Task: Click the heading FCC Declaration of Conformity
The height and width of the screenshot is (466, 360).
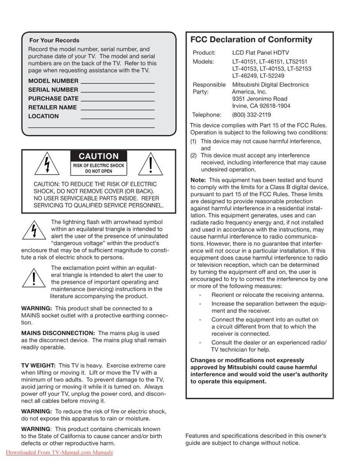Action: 251,40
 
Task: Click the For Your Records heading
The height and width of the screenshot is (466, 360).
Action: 54,40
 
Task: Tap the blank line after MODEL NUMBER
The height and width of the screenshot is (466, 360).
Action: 117,82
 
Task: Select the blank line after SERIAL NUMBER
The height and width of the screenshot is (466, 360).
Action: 117,91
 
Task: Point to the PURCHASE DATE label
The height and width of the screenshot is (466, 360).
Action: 53,99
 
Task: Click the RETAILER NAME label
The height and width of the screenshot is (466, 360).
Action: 52,108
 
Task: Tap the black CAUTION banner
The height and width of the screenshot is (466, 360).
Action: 99,157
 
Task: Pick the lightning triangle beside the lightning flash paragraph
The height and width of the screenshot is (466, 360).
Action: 33,231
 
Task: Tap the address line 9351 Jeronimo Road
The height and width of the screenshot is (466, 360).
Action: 259,99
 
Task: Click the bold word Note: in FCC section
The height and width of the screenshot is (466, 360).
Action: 198,180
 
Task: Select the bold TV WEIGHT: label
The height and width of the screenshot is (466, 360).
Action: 38,366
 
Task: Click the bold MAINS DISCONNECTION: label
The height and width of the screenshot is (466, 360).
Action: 58,333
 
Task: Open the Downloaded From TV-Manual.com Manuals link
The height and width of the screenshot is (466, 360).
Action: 59,453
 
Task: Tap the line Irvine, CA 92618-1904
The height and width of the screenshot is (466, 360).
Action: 261,106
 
